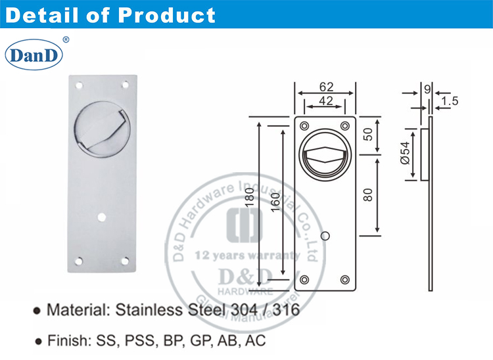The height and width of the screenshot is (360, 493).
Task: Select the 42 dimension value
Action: [x=325, y=101]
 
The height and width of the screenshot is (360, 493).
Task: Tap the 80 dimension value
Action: [x=369, y=194]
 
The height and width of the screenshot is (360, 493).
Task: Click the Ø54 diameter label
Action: [x=404, y=154]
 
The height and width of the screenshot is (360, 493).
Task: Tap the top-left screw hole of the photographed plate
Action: [x=79, y=85]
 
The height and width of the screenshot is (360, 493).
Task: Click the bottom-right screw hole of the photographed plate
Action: [x=126, y=261]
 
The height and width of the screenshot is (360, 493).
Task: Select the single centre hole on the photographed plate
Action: [x=102, y=215]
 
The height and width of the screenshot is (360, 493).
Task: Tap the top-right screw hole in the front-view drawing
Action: [x=345, y=125]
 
